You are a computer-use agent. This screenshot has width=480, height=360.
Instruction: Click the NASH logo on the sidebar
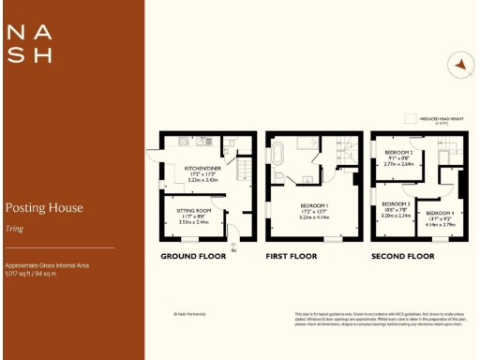[29, 43]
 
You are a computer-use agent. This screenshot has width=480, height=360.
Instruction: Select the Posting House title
[44, 207]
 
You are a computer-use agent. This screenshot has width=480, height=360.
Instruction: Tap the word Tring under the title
[16, 225]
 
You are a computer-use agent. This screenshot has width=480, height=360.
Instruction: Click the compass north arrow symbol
[459, 65]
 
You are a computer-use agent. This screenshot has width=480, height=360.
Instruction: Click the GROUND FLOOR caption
[191, 256]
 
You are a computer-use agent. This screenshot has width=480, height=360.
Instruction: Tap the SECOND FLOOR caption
[405, 256]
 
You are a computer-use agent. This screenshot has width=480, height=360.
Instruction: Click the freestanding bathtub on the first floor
[280, 152]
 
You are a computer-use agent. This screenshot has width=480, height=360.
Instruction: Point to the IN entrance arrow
[234, 249]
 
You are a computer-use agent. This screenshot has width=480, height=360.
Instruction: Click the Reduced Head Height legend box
[409, 119]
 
